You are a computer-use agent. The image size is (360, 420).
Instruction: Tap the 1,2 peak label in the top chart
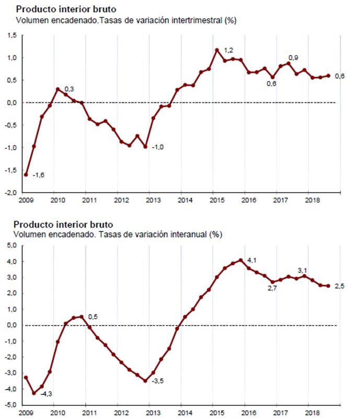(x=228, y=50)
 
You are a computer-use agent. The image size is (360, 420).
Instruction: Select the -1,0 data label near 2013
(x=158, y=148)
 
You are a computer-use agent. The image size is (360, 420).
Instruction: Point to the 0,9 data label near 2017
(x=294, y=57)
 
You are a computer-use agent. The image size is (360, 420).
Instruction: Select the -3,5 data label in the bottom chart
(x=158, y=381)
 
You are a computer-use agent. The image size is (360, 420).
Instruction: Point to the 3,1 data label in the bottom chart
(x=302, y=270)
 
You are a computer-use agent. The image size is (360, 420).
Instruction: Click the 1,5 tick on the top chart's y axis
(x=11, y=35)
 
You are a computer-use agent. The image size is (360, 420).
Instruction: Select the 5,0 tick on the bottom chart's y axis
(x=11, y=245)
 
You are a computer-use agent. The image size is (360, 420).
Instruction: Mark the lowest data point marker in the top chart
(x=26, y=174)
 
